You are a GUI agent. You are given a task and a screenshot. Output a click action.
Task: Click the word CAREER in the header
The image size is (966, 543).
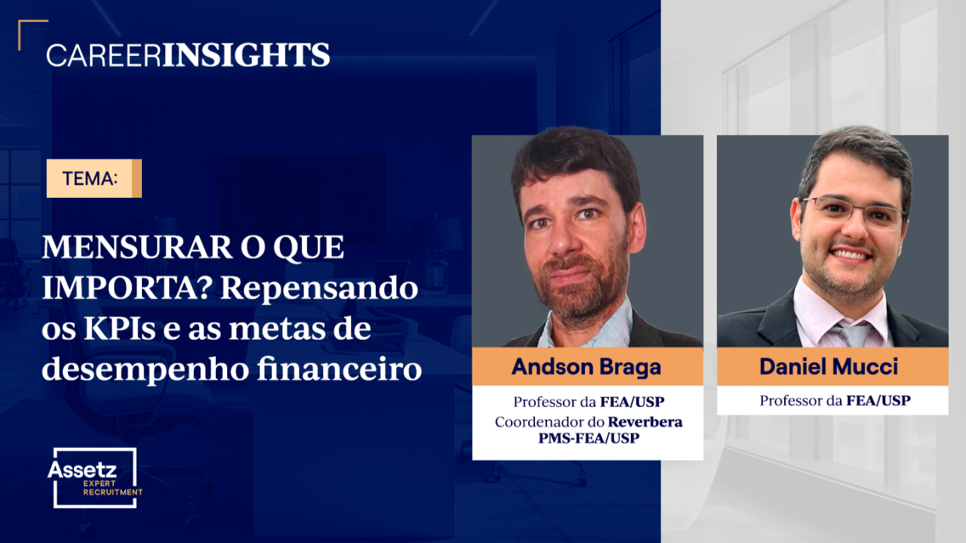click(103, 55)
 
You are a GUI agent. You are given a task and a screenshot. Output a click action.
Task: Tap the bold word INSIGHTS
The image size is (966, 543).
click(246, 55)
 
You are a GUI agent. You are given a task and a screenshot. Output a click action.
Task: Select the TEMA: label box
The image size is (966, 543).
click(94, 178)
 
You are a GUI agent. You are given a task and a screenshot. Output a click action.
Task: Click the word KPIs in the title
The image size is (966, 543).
click(119, 329)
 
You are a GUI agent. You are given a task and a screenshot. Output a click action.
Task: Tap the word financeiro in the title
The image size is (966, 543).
click(340, 369)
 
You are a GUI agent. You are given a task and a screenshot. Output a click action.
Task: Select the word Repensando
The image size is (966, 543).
click(319, 289)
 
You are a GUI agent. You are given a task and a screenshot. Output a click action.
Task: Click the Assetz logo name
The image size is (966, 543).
click(82, 469)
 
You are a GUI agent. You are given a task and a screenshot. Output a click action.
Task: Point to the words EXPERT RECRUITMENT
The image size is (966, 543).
click(112, 488)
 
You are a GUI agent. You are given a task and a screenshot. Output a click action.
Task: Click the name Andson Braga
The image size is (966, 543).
click(586, 367)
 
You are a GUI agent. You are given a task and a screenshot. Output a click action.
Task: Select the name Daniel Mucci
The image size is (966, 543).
click(829, 366)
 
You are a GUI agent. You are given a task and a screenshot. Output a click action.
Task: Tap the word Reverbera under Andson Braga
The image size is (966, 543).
click(645, 421)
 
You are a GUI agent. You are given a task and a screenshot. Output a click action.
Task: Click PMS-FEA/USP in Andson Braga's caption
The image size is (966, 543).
click(589, 438)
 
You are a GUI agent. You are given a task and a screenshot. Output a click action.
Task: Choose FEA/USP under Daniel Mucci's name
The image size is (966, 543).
click(878, 400)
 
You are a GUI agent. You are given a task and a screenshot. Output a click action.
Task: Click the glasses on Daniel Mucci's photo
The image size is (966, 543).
click(853, 212)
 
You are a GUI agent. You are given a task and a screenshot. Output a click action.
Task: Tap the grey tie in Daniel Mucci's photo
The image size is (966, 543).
click(855, 335)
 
